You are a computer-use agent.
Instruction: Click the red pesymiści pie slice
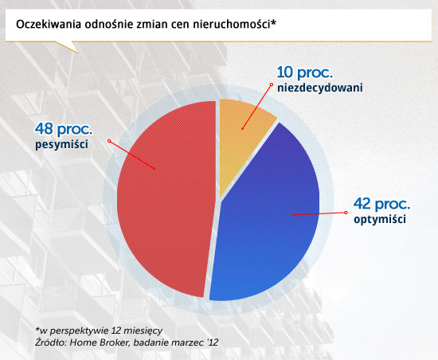165,198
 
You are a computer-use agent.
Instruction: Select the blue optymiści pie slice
268,224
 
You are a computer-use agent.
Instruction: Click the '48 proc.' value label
64,129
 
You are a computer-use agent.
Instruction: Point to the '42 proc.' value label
381,204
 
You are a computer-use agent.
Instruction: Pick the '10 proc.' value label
305,72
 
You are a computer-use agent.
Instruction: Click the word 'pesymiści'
61,144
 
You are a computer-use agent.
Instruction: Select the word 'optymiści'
380,219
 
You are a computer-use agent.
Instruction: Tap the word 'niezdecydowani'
320,88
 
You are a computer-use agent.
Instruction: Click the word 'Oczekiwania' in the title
49,25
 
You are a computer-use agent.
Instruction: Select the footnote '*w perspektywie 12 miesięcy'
99,331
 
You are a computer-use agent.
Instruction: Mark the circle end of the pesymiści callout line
109,141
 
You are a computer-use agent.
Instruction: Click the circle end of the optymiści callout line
346,213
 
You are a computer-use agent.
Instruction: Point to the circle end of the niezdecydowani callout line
272,84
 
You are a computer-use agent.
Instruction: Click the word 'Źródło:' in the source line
51,342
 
